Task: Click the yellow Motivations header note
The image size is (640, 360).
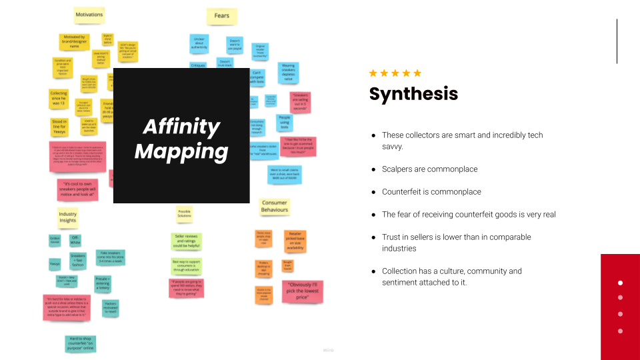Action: coord(89,14)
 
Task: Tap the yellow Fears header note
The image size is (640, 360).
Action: coord(222,15)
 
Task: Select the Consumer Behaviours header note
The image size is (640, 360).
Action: coord(274,206)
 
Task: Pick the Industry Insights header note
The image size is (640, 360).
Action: coord(68,217)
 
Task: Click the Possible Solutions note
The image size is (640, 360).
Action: coord(185,214)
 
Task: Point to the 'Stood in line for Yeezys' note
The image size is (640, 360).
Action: coord(59,126)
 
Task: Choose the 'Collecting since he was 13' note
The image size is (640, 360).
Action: coord(59,98)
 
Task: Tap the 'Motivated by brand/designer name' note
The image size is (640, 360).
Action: coord(74,42)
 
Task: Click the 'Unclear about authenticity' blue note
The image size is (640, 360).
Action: coord(199,43)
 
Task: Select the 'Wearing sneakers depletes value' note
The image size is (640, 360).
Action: coord(288,72)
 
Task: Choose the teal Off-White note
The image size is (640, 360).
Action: coord(76,239)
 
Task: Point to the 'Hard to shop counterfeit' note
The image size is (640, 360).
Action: coord(81,343)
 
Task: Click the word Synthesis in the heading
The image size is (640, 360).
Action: coord(413,93)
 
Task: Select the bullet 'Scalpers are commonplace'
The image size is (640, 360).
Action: coord(429,169)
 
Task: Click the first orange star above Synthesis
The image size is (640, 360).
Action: coord(373,73)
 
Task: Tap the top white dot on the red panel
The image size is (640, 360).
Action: coord(620,282)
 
